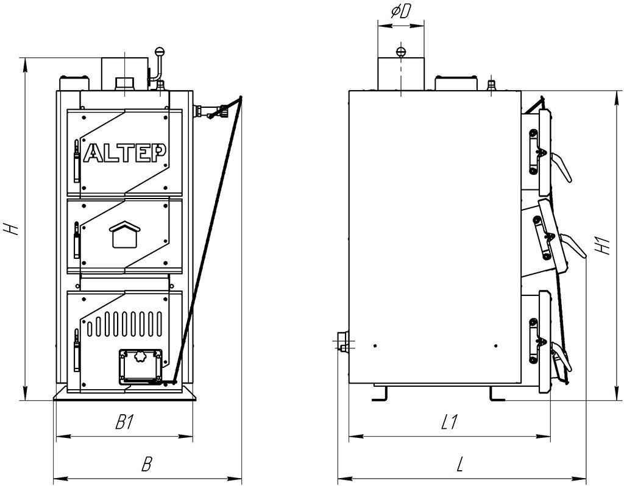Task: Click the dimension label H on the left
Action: [x=10, y=229]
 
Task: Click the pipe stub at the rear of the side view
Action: [x=342, y=344]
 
